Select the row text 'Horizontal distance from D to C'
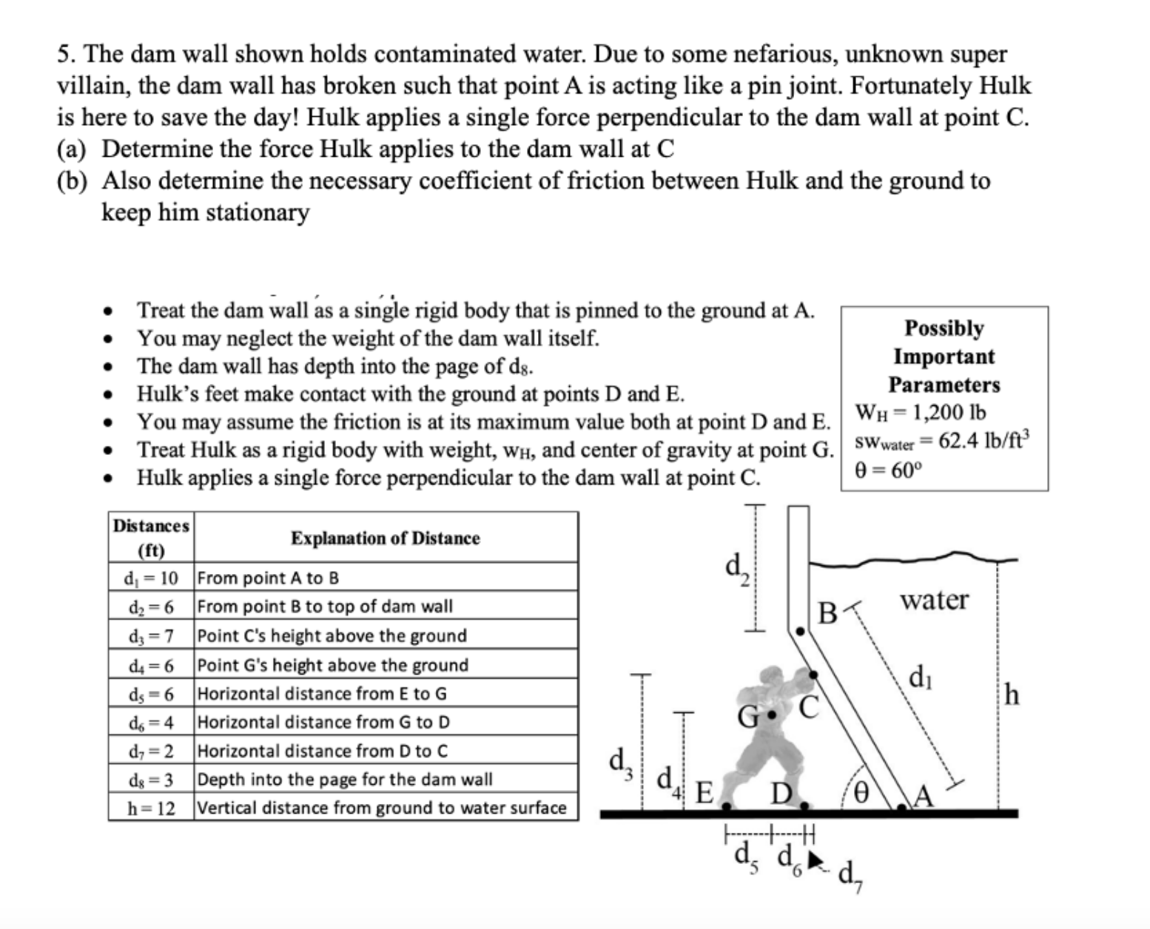pyautogui.click(x=323, y=751)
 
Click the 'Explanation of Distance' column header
pyautogui.click(x=385, y=538)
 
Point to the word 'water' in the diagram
pyautogui.click(x=934, y=600)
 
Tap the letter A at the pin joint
pyautogui.click(x=924, y=797)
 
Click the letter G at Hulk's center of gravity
pyautogui.click(x=750, y=716)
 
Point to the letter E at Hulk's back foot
pyautogui.click(x=704, y=794)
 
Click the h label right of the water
pyautogui.click(x=1013, y=695)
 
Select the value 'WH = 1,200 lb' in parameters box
pyautogui.click(x=920, y=413)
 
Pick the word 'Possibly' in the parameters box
pyautogui.click(x=944, y=328)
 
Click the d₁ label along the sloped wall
pyautogui.click(x=918, y=678)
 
